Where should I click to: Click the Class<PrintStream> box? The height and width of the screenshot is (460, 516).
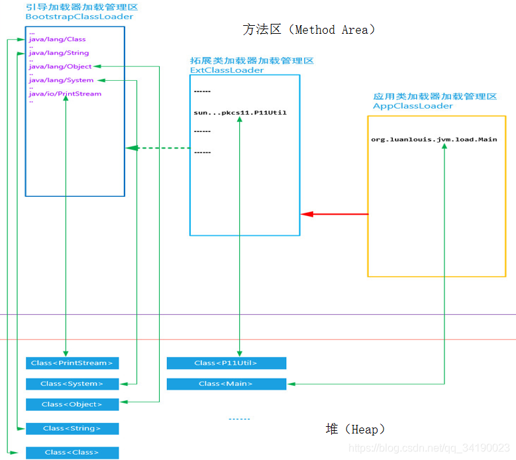coord(72,363)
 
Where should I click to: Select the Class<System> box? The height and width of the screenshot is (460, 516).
coord(72,384)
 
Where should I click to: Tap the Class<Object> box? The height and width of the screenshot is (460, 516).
coord(72,404)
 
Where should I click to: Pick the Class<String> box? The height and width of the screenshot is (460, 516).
coord(72,429)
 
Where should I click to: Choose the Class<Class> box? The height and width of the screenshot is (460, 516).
coord(72,453)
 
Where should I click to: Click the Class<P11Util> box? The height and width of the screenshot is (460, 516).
coord(226,363)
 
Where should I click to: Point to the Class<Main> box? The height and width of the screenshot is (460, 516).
coord(226,384)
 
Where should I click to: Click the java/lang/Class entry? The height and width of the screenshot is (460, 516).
coord(57,40)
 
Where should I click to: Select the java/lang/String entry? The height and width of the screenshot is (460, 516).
coord(58,53)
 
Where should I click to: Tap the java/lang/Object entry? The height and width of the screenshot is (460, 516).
coord(60,66)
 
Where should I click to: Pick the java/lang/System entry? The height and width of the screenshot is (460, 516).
coord(61,80)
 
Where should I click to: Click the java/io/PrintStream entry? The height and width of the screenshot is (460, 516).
coord(65,94)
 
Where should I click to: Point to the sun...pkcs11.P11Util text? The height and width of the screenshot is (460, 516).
coord(240,113)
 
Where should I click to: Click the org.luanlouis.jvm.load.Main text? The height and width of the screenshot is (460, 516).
coord(434,139)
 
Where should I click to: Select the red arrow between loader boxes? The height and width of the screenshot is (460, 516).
coord(335,214)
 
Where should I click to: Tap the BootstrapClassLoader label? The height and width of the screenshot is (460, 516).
coord(79,17)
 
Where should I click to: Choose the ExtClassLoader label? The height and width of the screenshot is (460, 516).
coord(227,70)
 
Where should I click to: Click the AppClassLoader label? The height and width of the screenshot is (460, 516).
coord(413,106)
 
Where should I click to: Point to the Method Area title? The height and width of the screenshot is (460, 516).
coord(309,30)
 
